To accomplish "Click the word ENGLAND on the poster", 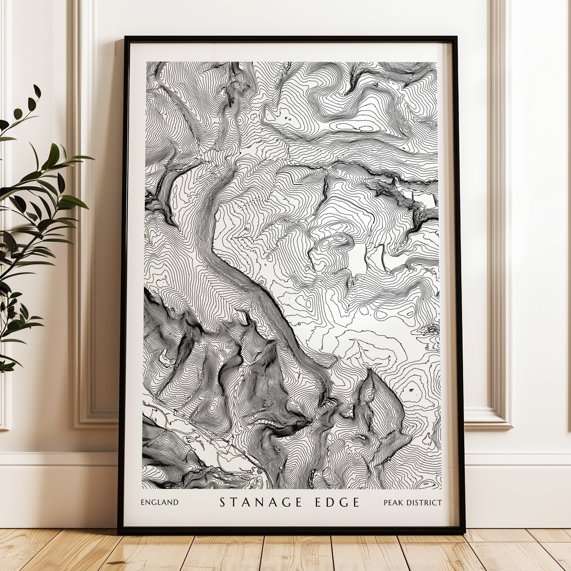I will [x=160, y=503].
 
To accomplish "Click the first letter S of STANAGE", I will [x=222, y=502].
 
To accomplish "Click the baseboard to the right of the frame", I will [x=518, y=490].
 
